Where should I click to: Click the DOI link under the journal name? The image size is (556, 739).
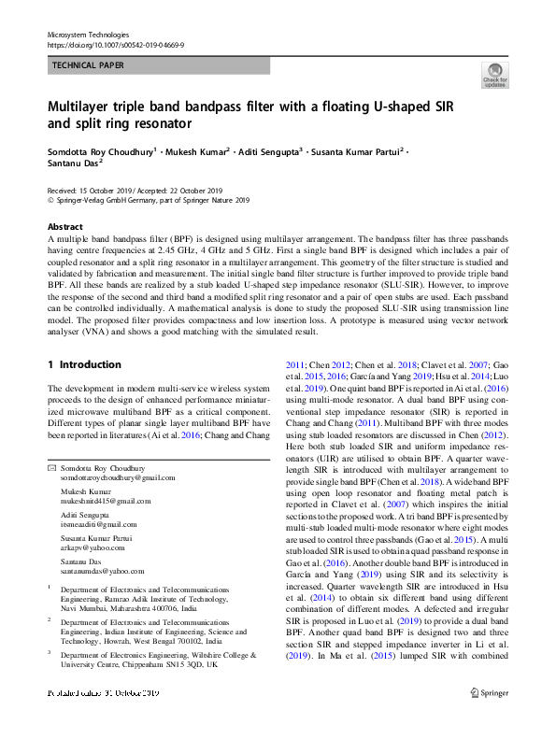(115, 44)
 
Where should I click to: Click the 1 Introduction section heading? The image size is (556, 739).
(83, 364)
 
